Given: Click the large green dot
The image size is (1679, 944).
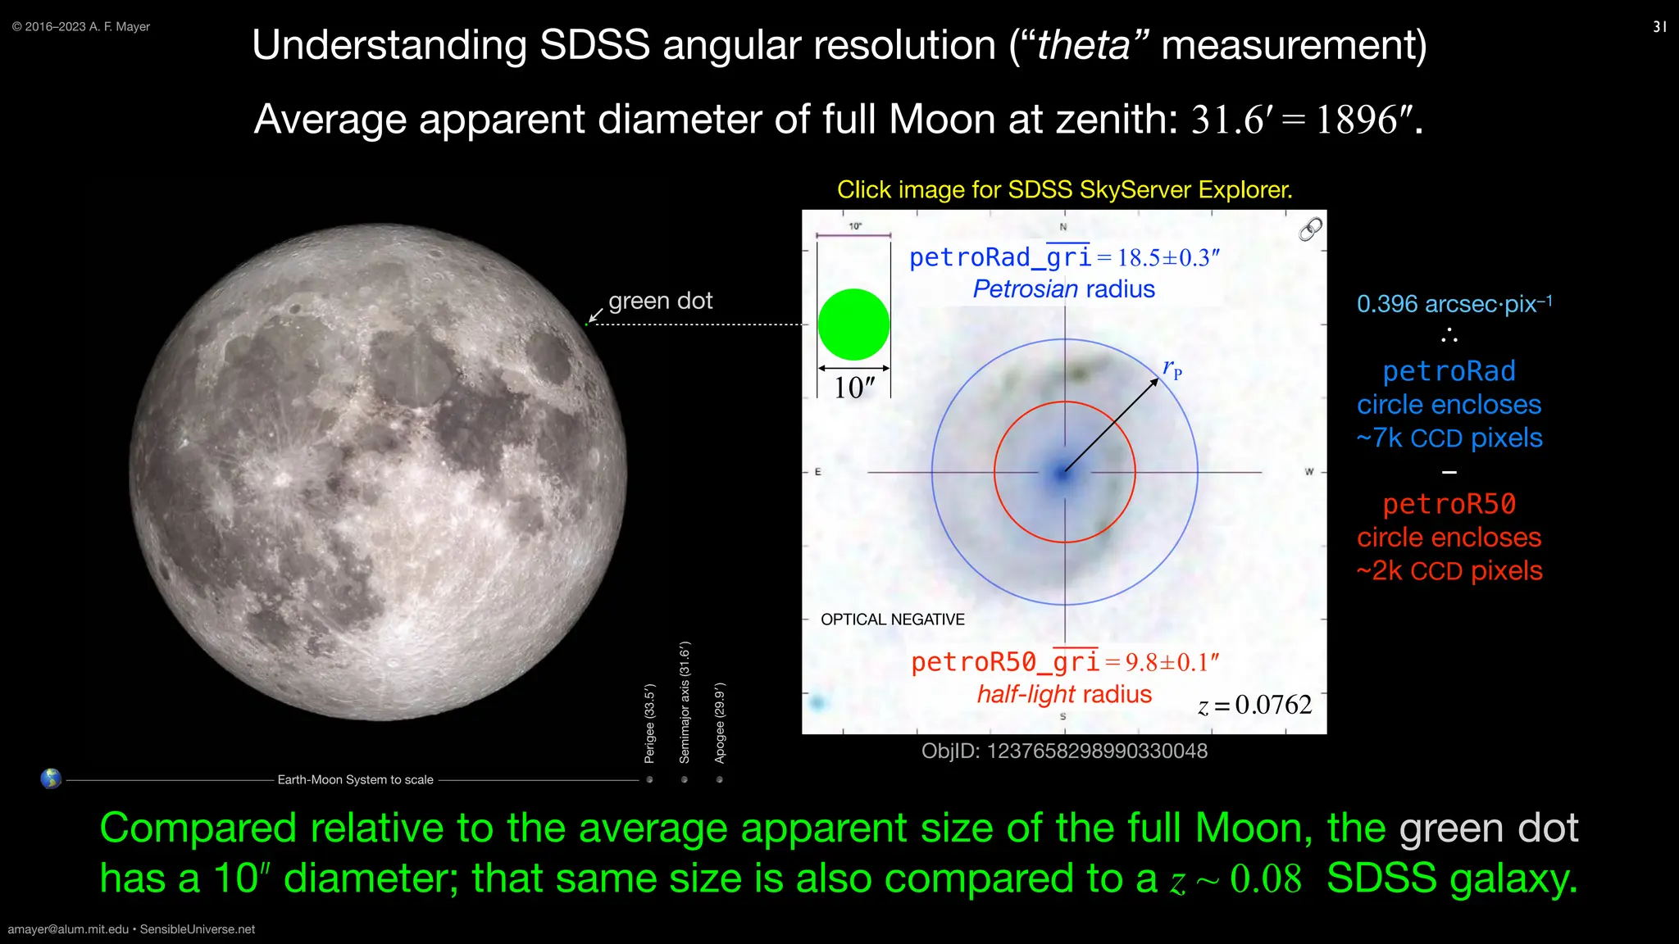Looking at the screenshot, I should (x=853, y=324).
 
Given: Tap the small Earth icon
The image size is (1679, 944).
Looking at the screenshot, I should (x=51, y=778).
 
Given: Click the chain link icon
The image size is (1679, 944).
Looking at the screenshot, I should (x=1310, y=229).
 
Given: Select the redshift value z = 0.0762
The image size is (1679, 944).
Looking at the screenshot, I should (x=1254, y=705).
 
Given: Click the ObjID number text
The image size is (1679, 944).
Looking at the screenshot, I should (x=1064, y=751).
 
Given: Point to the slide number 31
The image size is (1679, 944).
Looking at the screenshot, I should (x=1659, y=27).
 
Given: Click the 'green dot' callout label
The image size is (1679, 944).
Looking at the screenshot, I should (x=660, y=301).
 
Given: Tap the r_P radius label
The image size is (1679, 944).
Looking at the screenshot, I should (x=1172, y=369).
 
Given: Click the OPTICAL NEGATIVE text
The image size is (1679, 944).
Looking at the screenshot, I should (x=892, y=619).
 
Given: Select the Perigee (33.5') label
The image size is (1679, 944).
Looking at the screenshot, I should (x=649, y=723).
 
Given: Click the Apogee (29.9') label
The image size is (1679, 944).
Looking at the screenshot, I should (x=719, y=723).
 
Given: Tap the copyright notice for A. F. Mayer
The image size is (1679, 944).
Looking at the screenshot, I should (x=81, y=27).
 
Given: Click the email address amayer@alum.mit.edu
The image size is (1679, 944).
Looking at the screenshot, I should (x=68, y=929).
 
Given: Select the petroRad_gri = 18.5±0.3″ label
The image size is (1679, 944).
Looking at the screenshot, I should (x=1064, y=258).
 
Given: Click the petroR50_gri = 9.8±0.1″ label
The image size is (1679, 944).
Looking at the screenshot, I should (x=1064, y=662).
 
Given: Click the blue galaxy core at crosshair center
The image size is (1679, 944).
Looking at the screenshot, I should (x=1063, y=473).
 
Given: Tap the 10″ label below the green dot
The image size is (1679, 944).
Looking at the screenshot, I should (x=853, y=388).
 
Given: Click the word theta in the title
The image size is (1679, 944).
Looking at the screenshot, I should (x=1083, y=45).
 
